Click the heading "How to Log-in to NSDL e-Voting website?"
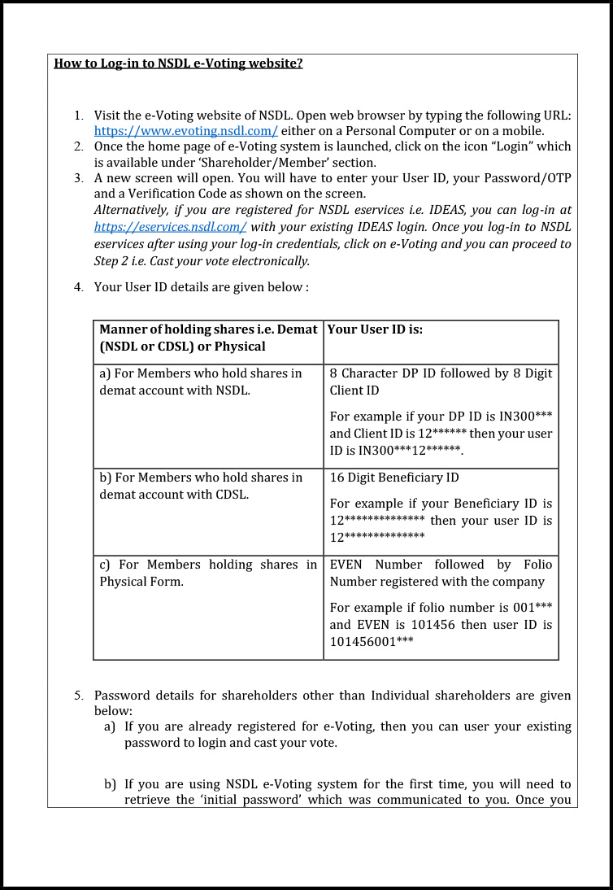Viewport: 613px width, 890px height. [x=178, y=63]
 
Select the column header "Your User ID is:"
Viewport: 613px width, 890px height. [x=375, y=329]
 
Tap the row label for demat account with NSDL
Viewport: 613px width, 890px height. [x=200, y=382]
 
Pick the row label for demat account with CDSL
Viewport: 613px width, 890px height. [x=200, y=486]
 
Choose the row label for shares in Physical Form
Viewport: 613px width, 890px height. [x=208, y=573]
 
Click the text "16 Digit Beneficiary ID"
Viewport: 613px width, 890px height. [x=394, y=478]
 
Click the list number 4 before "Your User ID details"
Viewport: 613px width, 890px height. [x=78, y=287]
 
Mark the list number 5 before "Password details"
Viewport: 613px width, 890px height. [x=78, y=696]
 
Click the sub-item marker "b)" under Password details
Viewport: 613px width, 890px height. [x=110, y=784]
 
